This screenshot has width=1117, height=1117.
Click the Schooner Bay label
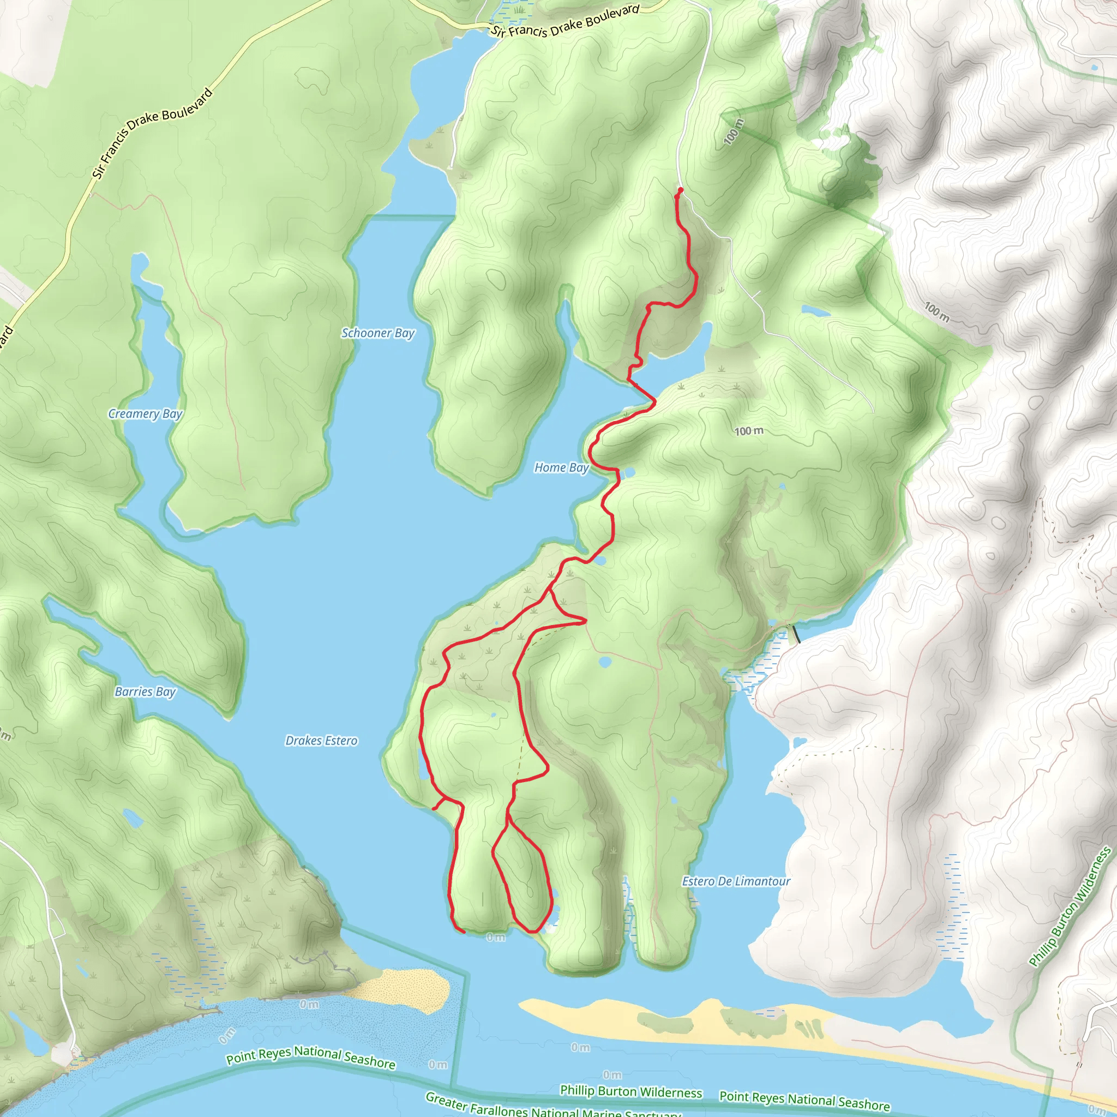(x=377, y=333)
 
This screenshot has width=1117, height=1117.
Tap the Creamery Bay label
(x=145, y=414)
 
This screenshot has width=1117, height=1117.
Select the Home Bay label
(x=561, y=467)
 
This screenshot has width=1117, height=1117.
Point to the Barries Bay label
(x=145, y=692)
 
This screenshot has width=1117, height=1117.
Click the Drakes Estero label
(x=321, y=741)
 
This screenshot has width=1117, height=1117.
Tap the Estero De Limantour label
(x=735, y=881)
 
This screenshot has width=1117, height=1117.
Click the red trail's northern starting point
(x=681, y=190)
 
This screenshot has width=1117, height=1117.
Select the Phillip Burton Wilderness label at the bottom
(x=631, y=1091)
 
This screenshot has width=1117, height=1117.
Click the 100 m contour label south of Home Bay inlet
(x=749, y=431)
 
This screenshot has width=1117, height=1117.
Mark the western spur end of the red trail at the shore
(x=434, y=809)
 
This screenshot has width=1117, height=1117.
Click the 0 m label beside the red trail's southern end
(x=495, y=937)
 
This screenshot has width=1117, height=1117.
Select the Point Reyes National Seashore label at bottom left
(x=310, y=1057)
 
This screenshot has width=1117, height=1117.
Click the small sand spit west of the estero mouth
(x=405, y=989)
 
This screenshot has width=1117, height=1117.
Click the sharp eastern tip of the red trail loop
(x=586, y=622)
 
